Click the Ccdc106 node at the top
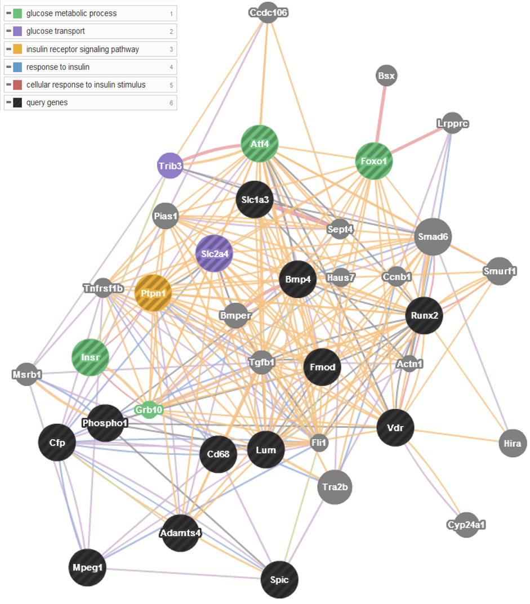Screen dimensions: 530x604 (268, 13)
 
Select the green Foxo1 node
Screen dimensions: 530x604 (373, 161)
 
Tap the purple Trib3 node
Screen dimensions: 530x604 (170, 165)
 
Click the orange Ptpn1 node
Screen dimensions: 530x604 (153, 293)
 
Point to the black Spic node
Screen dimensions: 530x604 (279, 580)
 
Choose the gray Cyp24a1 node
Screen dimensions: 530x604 (466, 525)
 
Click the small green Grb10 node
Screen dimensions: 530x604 (148, 410)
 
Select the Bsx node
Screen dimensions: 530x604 (386, 75)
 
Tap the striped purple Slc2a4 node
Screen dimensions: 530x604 (215, 253)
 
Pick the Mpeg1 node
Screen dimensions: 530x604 (87, 567)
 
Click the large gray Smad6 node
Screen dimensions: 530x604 (433, 236)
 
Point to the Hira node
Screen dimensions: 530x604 (513, 444)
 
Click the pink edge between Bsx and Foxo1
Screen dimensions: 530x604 (380, 114)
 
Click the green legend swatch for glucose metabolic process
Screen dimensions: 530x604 (17, 14)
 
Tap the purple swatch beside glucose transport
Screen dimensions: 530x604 (17, 31)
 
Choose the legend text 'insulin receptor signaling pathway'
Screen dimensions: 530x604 (82, 50)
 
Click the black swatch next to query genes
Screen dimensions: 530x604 (17, 103)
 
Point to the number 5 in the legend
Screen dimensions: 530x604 (171, 85)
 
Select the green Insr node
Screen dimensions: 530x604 (90, 357)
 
